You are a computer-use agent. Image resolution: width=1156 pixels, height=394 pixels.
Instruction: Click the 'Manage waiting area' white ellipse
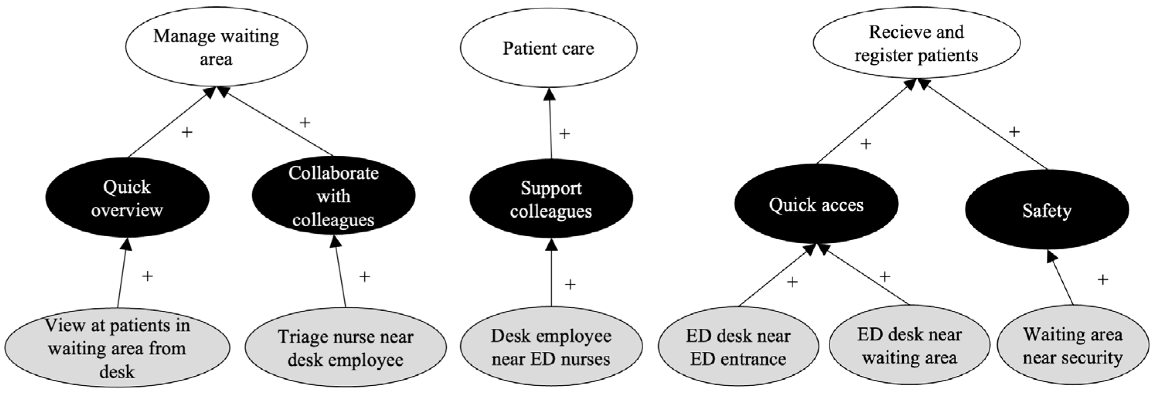click(x=216, y=47)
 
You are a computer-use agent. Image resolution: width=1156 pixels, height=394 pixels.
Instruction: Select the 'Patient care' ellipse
click(x=548, y=48)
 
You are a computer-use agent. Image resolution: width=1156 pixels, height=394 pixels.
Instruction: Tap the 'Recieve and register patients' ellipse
click(x=916, y=44)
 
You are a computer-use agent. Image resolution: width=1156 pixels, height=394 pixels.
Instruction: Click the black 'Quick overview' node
click(x=127, y=198)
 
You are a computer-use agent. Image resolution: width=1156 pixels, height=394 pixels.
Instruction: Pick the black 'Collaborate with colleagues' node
click(x=333, y=196)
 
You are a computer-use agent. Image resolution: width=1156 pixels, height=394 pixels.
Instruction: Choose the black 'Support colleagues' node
click(x=551, y=200)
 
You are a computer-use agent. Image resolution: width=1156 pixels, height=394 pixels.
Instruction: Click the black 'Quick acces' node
click(x=816, y=205)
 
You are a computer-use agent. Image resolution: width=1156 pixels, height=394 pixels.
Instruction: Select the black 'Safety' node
click(x=1047, y=210)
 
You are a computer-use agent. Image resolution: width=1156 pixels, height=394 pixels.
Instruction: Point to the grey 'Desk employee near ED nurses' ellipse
click(x=551, y=347)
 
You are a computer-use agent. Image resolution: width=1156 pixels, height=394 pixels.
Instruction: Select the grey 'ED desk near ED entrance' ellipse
click(x=738, y=347)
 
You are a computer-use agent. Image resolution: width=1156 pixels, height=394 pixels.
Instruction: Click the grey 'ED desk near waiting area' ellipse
click(x=909, y=346)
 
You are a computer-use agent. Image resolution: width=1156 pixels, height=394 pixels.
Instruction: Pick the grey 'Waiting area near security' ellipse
click(x=1073, y=346)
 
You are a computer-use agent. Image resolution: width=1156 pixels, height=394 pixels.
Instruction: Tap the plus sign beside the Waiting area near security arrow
click(x=1103, y=280)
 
